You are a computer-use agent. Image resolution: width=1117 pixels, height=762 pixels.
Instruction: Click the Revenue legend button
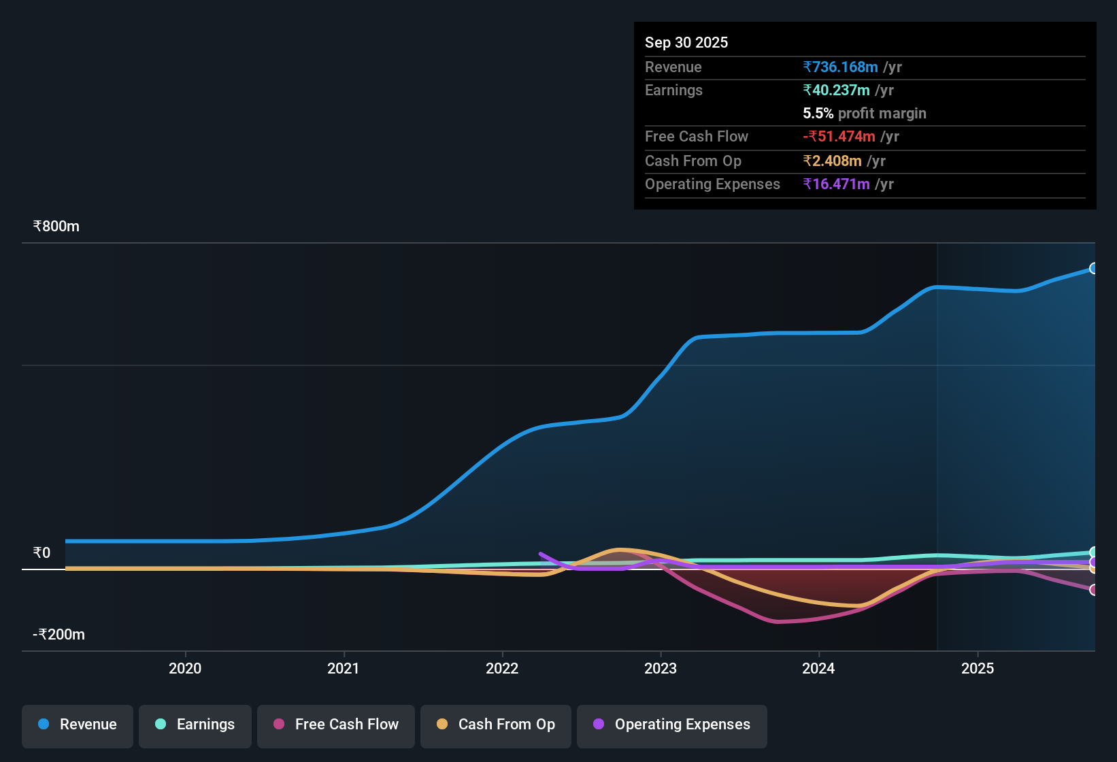pos(77,725)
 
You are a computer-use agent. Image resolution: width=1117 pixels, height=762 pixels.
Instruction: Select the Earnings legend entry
pos(195,725)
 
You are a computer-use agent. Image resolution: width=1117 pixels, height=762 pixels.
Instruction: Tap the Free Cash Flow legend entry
pos(335,725)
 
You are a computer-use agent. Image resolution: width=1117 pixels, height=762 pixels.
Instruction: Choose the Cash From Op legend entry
pos(495,725)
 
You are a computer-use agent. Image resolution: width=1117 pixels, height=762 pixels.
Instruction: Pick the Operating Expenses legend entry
pos(671,725)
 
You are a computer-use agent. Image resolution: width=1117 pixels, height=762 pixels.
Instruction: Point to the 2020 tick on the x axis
pos(185,668)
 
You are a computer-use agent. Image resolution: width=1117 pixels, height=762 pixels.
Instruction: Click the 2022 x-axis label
pos(502,668)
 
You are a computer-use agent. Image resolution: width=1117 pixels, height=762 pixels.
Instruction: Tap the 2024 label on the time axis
pos(818,668)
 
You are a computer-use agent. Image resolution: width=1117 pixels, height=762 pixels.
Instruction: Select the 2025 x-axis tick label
pos(978,668)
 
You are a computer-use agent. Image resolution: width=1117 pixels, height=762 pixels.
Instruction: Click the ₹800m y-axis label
pos(56,227)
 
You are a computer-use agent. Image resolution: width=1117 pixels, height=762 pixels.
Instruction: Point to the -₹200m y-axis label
pos(59,635)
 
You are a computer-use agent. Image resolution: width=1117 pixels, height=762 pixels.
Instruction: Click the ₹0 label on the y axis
pos(41,553)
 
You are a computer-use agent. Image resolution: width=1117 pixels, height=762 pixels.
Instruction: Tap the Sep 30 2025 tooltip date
pos(686,43)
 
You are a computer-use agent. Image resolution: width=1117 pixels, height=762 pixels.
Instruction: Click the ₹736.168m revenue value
pos(840,67)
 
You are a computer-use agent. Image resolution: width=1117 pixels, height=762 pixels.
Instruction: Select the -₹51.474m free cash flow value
pos(839,137)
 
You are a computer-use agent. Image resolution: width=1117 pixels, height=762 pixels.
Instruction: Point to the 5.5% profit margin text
pos(864,114)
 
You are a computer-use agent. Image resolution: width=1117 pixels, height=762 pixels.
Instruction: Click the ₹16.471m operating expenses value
pos(836,184)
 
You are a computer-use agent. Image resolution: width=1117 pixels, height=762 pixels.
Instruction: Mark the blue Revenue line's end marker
pos(1093,269)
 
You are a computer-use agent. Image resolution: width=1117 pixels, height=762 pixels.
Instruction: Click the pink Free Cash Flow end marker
pos(1093,590)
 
